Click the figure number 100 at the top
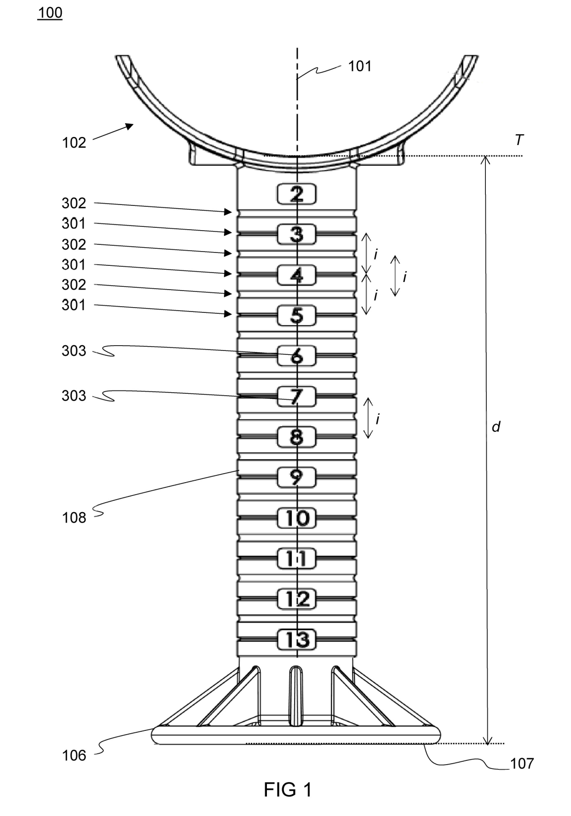click(50, 13)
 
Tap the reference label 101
click(360, 66)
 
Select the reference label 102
click(74, 143)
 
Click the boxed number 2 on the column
click(297, 194)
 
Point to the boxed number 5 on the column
click(297, 315)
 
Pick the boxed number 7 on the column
click(297, 396)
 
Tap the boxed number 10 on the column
click(297, 518)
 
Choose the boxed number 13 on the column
click(297, 640)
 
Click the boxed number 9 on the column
click(297, 477)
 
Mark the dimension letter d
click(496, 427)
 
